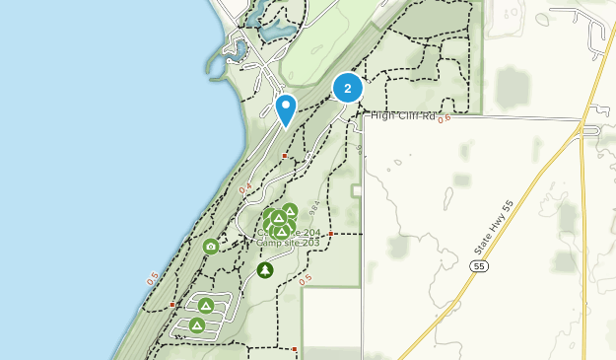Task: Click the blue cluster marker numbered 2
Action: [347, 88]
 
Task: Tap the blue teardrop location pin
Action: [286, 108]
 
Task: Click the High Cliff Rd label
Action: [402, 116]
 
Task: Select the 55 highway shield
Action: [479, 266]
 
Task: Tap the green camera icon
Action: [210, 247]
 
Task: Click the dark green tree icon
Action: [264, 269]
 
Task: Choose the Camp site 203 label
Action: [288, 243]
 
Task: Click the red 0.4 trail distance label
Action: [244, 187]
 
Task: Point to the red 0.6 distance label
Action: [444, 118]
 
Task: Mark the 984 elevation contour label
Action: [313, 208]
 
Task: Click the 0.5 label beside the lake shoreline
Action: [152, 280]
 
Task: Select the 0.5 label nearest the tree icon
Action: [306, 279]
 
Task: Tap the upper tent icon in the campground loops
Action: [205, 306]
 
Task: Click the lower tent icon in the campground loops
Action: [196, 324]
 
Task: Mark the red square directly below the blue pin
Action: [285, 156]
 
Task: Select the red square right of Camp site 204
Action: [331, 234]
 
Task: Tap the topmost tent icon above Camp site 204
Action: [290, 210]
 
